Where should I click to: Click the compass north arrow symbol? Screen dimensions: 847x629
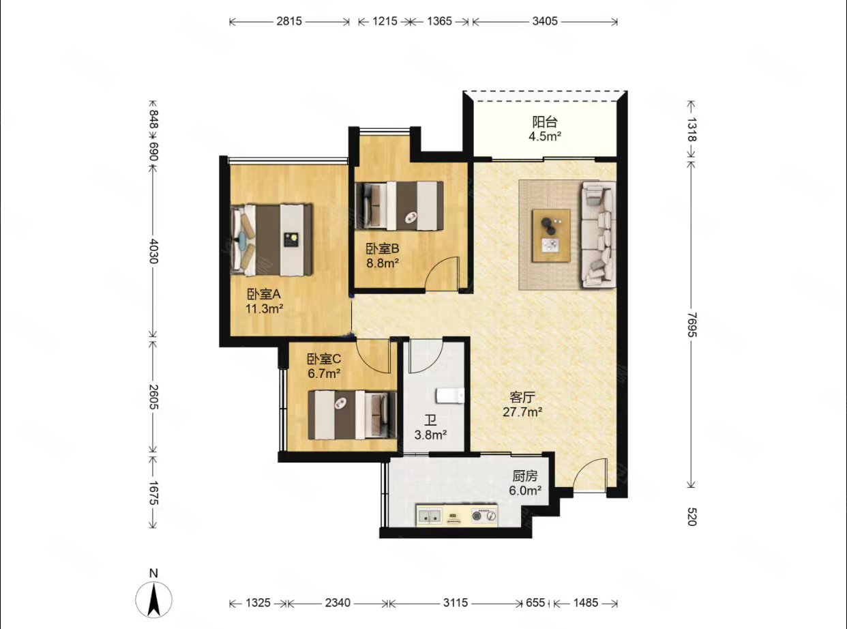tap(153, 600)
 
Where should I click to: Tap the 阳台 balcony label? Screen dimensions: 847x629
tap(545, 121)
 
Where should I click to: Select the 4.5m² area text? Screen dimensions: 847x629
tap(545, 136)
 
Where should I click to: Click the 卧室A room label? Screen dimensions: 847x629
tap(264, 294)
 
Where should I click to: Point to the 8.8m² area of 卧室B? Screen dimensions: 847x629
tap(383, 263)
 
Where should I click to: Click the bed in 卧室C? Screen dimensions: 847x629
tap(352, 415)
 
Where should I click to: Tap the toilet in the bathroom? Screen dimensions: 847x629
tap(450, 395)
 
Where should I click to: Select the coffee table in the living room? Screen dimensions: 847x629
tap(552, 235)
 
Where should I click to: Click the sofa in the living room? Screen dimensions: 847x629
tap(598, 235)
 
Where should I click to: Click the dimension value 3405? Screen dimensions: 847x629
tap(545, 21)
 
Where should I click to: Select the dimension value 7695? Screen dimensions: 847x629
tap(692, 325)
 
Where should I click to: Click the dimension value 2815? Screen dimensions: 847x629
tap(289, 21)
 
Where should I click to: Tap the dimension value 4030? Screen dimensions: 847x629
tap(153, 251)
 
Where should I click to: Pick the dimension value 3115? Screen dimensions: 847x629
tap(455, 603)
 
